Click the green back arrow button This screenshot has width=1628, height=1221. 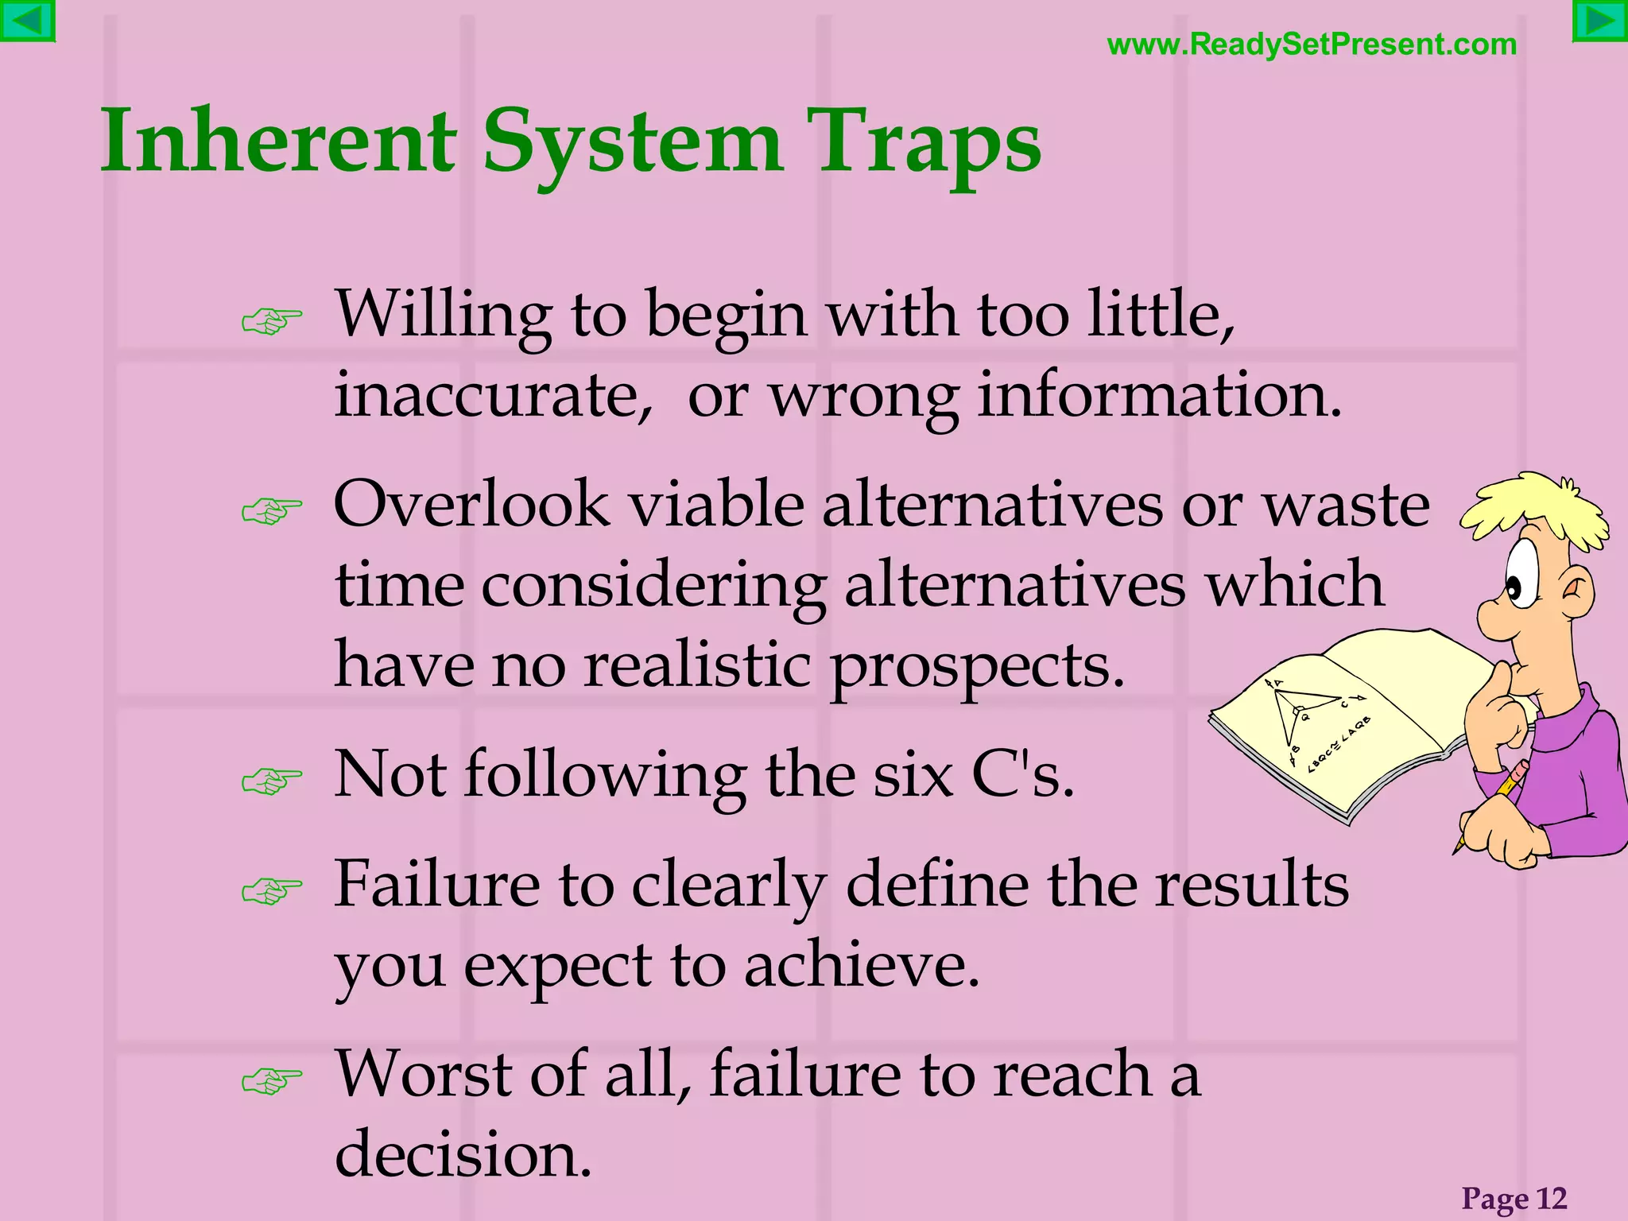[x=27, y=21]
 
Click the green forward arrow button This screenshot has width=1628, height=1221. [x=1599, y=21]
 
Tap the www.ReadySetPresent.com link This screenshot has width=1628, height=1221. [x=1312, y=45]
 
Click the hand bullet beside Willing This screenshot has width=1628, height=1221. [x=272, y=321]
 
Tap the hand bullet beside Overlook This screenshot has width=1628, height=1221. [x=272, y=511]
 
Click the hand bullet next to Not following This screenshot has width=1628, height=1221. [x=272, y=781]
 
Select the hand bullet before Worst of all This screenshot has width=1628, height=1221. [x=272, y=1081]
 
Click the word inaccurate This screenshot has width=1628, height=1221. [x=493, y=395]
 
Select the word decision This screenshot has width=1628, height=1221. [x=463, y=1154]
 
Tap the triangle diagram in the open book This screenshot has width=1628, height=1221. [x=1296, y=711]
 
